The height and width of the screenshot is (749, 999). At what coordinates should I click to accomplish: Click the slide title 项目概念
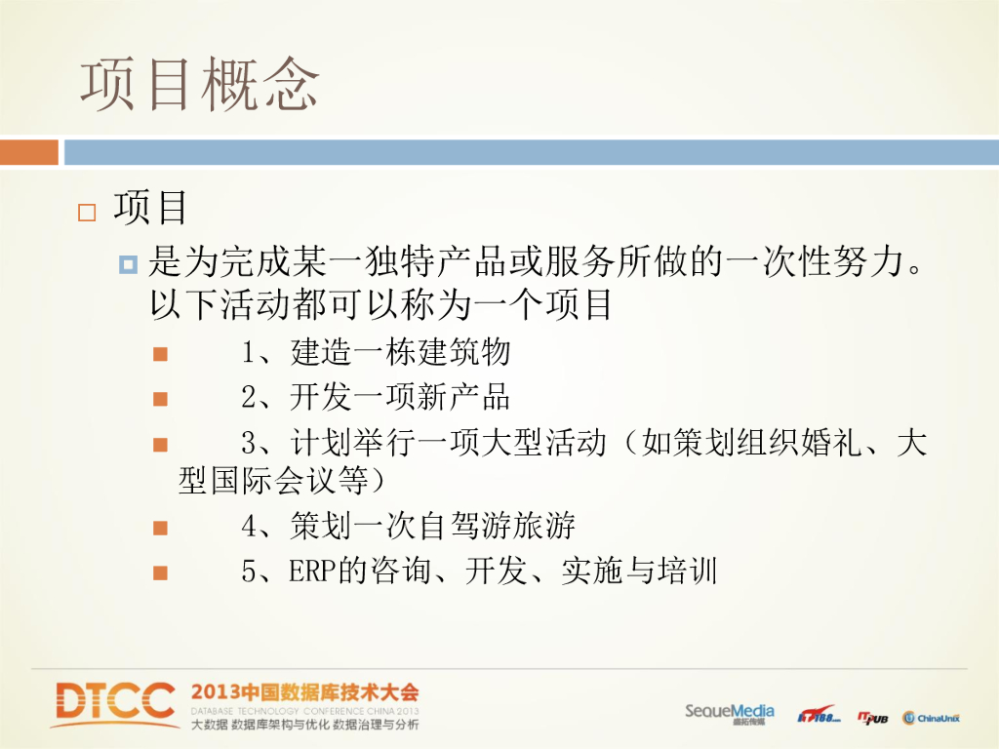(199, 84)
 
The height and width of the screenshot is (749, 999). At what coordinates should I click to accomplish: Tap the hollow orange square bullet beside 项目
(87, 212)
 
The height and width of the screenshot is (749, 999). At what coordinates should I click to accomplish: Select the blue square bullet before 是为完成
(128, 263)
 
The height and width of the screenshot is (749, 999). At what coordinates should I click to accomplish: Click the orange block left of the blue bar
(29, 152)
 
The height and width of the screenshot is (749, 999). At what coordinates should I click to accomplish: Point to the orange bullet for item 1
(161, 354)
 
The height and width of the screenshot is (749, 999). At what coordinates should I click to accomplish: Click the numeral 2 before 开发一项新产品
(249, 398)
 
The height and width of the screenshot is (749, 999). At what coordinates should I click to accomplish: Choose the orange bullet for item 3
(161, 445)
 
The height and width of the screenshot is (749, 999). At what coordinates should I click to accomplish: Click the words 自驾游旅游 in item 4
(497, 526)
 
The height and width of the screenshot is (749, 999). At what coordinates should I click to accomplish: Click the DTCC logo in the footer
(115, 704)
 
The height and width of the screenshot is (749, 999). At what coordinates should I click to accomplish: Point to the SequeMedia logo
(730, 713)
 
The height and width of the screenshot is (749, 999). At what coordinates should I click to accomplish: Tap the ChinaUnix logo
(931, 718)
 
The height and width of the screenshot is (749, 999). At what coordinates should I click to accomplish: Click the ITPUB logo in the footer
(873, 718)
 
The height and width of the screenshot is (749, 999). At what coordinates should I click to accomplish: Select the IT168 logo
(819, 715)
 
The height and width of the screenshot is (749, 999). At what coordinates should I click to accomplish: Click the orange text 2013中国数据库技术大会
(305, 692)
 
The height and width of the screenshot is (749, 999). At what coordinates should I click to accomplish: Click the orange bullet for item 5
(161, 573)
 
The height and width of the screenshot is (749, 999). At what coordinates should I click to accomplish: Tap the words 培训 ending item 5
(688, 571)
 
